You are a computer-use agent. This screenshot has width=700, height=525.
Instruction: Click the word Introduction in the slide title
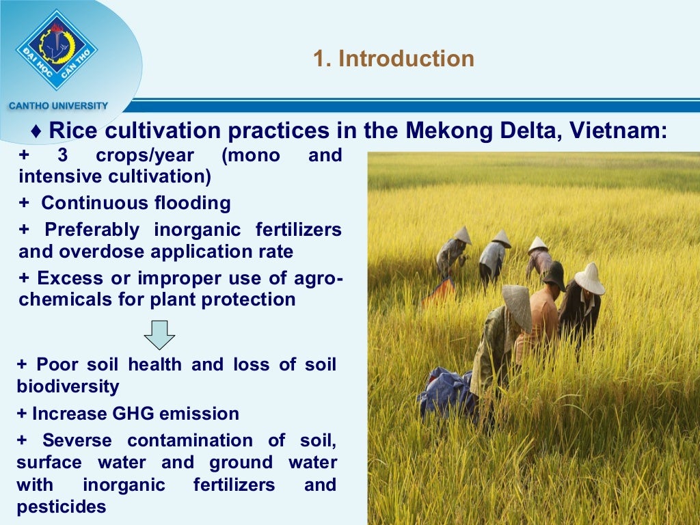click(x=406, y=59)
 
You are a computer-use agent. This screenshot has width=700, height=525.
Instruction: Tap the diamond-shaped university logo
click(x=57, y=49)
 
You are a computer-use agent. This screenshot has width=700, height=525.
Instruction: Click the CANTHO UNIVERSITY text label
click(x=58, y=106)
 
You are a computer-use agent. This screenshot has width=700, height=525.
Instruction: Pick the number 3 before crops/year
click(x=63, y=156)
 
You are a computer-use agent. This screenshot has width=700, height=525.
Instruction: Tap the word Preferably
click(x=92, y=230)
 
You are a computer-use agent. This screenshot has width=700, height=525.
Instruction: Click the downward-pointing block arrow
click(x=159, y=335)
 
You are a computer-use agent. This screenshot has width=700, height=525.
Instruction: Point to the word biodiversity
click(x=68, y=386)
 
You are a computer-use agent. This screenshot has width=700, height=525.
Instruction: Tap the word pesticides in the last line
click(x=62, y=507)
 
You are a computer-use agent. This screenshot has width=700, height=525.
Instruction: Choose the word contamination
click(x=184, y=440)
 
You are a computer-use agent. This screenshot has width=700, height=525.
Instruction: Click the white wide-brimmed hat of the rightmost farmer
click(x=589, y=279)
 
